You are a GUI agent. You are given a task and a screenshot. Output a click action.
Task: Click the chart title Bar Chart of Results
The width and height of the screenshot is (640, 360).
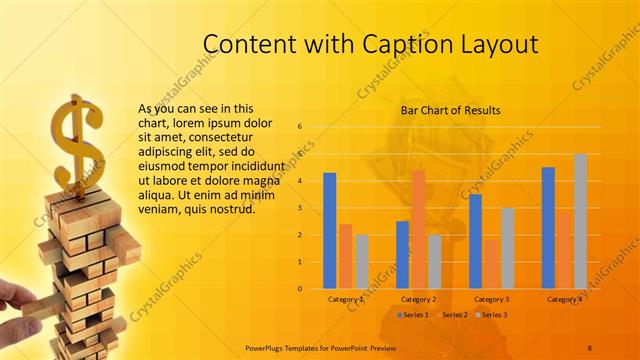(x=450, y=110)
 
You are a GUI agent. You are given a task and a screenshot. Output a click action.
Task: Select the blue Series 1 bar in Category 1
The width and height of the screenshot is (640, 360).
(x=330, y=230)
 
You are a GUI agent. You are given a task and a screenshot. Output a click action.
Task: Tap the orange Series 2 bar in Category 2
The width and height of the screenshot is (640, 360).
(x=418, y=229)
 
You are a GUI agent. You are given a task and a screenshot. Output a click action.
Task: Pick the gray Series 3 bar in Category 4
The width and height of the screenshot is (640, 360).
(x=580, y=221)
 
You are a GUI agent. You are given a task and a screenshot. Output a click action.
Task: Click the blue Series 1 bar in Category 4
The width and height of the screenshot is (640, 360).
(x=548, y=228)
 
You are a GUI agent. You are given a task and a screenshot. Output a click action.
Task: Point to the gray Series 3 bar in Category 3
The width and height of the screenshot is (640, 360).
(x=508, y=248)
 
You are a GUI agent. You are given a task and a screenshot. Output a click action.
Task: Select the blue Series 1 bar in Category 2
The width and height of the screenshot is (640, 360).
(x=403, y=254)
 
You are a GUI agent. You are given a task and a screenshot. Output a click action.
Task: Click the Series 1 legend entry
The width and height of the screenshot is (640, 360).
(x=413, y=315)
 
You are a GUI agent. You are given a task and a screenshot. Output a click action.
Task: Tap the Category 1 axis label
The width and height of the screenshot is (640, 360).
(x=346, y=299)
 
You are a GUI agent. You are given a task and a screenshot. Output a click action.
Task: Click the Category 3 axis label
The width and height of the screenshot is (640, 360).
(x=491, y=299)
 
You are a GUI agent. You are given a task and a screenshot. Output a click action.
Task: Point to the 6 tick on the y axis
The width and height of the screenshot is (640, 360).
(x=300, y=127)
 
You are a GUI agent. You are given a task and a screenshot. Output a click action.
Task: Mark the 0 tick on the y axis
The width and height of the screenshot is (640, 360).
(x=300, y=289)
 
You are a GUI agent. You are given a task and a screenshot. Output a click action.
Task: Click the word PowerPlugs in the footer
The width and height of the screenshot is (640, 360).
(x=265, y=348)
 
